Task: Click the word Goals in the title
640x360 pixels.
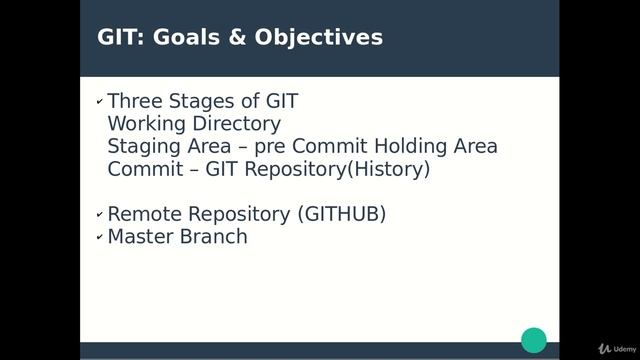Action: (x=188, y=37)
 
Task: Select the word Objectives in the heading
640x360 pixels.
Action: (x=320, y=38)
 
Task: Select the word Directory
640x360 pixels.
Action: (x=236, y=124)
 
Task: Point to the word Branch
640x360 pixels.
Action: (x=214, y=236)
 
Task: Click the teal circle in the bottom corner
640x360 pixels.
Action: (x=534, y=339)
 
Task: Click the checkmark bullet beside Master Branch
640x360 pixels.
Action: (x=99, y=237)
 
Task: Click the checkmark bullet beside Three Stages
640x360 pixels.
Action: (x=99, y=102)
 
